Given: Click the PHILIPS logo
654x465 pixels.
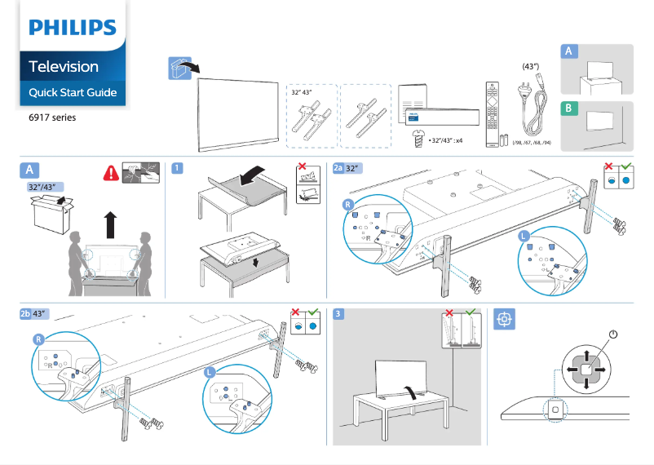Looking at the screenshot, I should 73,28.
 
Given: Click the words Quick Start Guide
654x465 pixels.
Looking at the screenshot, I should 73,92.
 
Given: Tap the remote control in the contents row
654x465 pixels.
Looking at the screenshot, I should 490,113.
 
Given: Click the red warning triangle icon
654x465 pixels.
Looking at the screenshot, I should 111,173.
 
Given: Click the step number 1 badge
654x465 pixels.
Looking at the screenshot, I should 177,168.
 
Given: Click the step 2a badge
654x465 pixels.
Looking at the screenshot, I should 340,168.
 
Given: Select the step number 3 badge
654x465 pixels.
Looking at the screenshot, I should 338,313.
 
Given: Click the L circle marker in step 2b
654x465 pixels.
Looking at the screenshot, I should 210,372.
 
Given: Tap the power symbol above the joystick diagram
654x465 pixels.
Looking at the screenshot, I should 612,334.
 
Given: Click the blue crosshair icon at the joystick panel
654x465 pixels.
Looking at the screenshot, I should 504,319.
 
